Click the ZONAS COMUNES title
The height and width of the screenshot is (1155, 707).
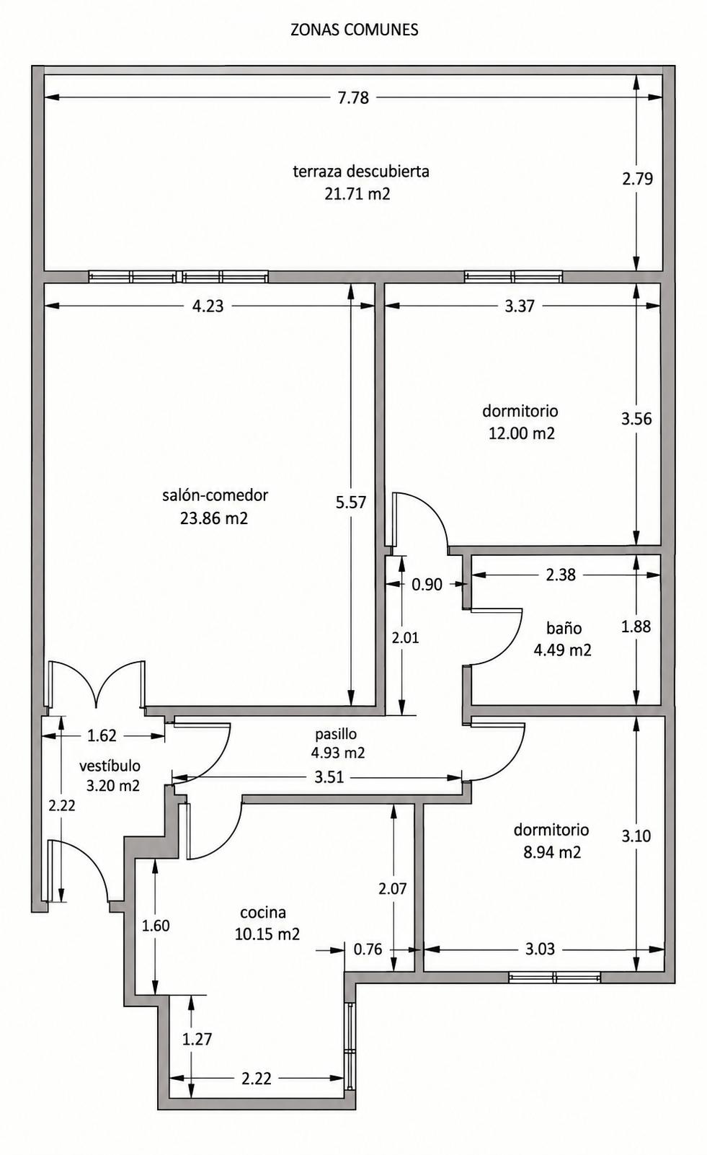(354, 30)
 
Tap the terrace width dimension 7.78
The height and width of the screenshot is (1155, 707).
(353, 97)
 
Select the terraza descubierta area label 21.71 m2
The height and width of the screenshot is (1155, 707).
(357, 193)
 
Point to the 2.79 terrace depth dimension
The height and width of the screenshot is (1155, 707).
(637, 178)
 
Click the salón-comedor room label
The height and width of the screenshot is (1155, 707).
(215, 495)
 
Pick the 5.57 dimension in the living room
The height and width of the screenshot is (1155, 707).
(351, 502)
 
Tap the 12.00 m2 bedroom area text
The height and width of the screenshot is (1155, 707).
(522, 433)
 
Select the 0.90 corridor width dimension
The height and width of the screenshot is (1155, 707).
(427, 584)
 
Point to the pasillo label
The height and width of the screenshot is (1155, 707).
(336, 734)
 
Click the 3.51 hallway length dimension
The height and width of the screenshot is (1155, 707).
(329, 777)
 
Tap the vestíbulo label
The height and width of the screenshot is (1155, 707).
(110, 766)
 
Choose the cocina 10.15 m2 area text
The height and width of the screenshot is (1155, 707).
(267, 934)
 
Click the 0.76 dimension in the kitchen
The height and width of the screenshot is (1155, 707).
(368, 949)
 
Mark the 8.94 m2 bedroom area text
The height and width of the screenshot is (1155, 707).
(552, 851)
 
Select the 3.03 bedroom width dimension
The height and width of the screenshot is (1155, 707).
(540, 949)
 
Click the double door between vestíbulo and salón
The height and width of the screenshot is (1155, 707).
(97, 684)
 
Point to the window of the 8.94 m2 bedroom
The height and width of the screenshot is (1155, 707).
(554, 977)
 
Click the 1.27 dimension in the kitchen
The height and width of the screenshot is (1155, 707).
(197, 1038)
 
